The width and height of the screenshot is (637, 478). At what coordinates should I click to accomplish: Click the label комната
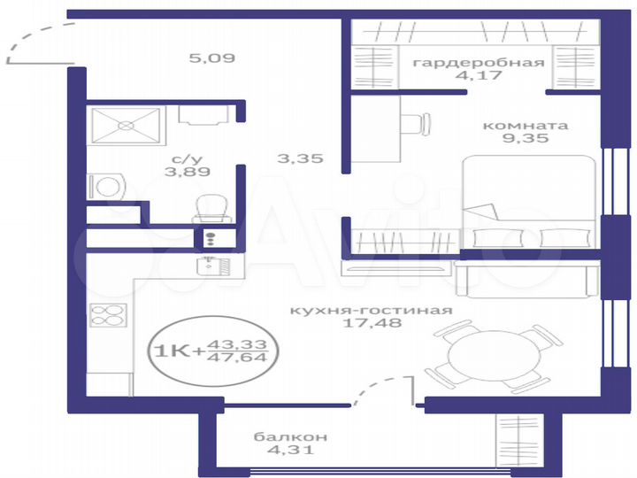pos(526,125)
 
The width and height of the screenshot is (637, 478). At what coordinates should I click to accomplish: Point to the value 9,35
pos(526,139)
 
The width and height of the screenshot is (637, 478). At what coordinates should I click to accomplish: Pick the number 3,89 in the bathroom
pos(182,173)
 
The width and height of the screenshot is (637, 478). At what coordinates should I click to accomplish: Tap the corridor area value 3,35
pos(299,159)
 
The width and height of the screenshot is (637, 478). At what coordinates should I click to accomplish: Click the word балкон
pos(291,436)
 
